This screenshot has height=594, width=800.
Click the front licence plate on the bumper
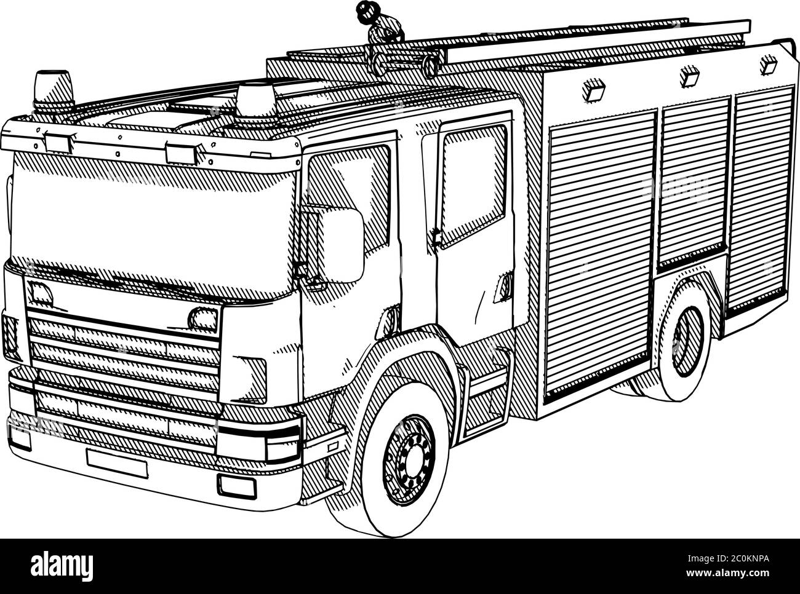[x=117, y=463]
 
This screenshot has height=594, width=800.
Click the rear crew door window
[x=473, y=186]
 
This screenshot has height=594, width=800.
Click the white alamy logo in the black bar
[x=62, y=568]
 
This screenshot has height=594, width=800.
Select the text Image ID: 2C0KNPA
[x=728, y=559]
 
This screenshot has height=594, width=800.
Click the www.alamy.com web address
[x=728, y=573]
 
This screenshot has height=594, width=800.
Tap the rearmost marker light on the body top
[x=768, y=65]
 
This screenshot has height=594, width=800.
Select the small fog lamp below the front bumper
[x=236, y=486]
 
